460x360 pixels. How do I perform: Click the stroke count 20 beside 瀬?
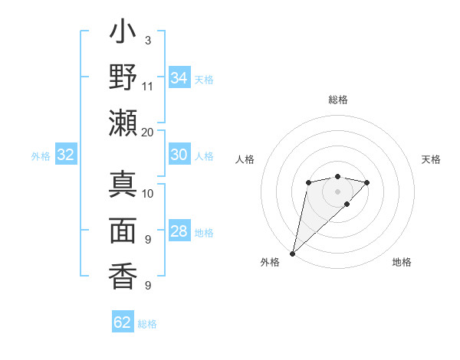[148, 131]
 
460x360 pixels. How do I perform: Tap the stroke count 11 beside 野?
[148, 86]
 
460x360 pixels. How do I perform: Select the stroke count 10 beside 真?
[148, 193]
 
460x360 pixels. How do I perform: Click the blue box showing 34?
[179, 78]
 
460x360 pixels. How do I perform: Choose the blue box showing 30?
[179, 155]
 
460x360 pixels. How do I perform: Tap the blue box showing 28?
[179, 232]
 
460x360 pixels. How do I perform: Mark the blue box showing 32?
[66, 155]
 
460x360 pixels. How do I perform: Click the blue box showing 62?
[123, 322]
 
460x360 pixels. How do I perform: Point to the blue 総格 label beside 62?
[147, 324]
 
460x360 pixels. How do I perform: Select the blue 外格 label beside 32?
[41, 156]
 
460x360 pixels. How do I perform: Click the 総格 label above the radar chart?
[337, 100]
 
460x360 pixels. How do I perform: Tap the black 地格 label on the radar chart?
[402, 262]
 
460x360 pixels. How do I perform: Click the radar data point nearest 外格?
[292, 253]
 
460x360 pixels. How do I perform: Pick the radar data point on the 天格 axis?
[367, 182]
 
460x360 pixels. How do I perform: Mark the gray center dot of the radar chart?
[337, 191]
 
